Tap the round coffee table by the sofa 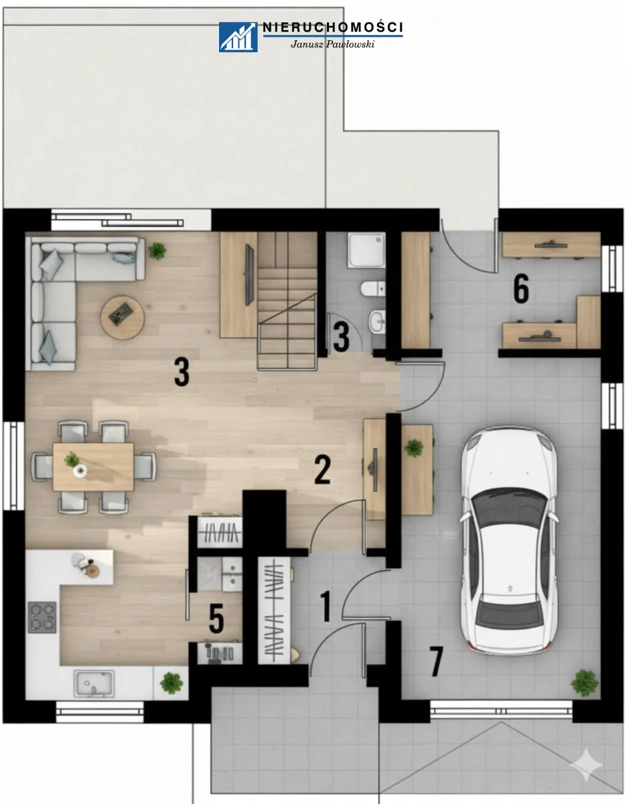[122, 318]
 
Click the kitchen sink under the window [94, 683]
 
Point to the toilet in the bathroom [372, 289]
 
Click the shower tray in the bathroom [366, 250]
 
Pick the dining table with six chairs [93, 467]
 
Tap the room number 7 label [436, 662]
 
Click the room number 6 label [521, 289]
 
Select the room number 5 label [216, 618]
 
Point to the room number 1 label [326, 606]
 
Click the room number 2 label [322, 470]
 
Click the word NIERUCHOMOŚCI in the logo [333, 27]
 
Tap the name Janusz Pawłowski [332, 44]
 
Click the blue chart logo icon [238, 37]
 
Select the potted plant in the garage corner [584, 683]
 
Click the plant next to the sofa [157, 251]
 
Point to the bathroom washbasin [378, 321]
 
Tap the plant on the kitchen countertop [171, 683]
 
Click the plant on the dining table [72, 459]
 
